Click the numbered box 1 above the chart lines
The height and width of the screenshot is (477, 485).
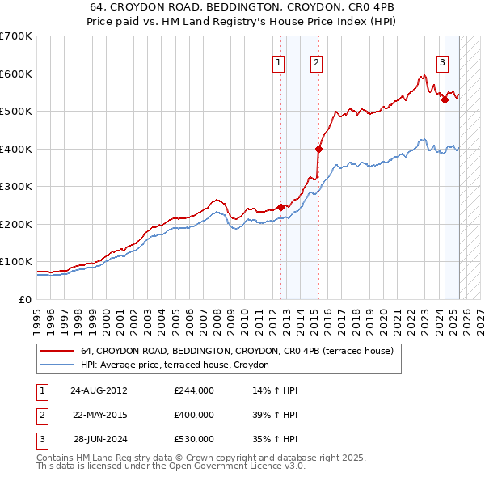(x=278, y=62)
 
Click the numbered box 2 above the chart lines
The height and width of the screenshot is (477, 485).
(x=316, y=62)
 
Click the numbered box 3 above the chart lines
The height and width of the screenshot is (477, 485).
(x=443, y=62)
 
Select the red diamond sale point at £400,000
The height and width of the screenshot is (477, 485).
(x=318, y=149)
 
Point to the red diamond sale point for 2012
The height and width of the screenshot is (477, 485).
(x=281, y=207)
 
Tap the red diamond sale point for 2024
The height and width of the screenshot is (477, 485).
(x=445, y=100)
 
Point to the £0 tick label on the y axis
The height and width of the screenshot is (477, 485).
(x=23, y=299)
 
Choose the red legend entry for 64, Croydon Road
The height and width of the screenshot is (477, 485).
(x=237, y=351)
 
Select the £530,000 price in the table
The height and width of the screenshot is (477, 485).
(x=194, y=439)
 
